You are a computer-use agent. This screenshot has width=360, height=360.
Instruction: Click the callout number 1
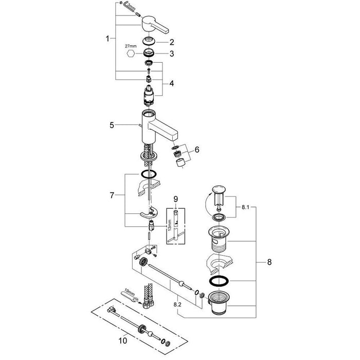[x=108, y=39]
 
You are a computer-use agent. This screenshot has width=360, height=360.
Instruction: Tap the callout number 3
[x=172, y=53]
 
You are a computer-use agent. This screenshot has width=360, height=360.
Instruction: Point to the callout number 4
[x=172, y=83]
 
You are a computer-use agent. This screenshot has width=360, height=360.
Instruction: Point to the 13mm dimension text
[x=168, y=224]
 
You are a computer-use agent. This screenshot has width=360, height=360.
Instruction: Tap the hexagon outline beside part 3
[x=131, y=54]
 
